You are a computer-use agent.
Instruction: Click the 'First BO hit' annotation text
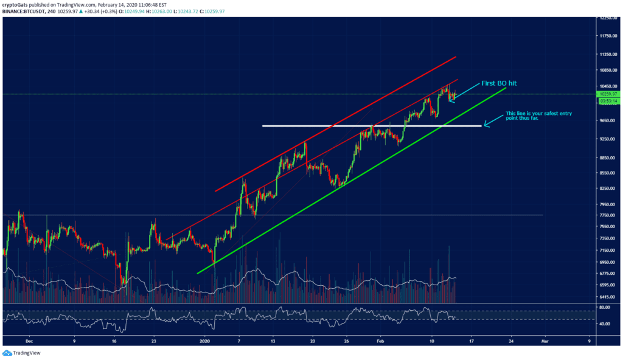pyautogui.click(x=499, y=83)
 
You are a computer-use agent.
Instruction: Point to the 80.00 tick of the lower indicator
pyautogui.click(x=604, y=308)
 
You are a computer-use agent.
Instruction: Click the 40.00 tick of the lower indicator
pyautogui.click(x=604, y=324)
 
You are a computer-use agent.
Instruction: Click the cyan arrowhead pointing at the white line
pyautogui.click(x=486, y=126)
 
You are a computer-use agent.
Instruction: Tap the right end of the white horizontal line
pyautogui.click(x=481, y=126)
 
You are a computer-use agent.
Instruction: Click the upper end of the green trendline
pyautogui.click(x=505, y=88)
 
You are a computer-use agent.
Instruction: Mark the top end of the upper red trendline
pyautogui.click(x=456, y=57)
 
